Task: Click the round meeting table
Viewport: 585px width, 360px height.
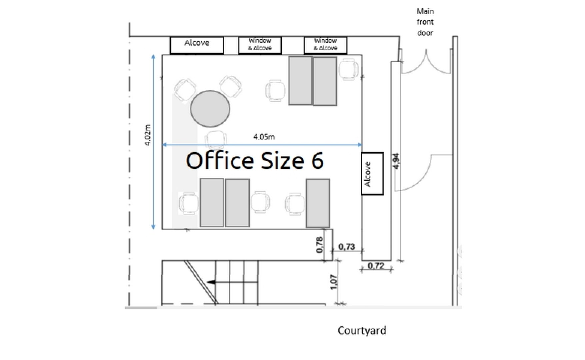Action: coord(210,109)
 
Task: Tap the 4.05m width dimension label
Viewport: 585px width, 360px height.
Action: coord(264,137)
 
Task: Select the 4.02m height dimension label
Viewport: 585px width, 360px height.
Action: coord(148,135)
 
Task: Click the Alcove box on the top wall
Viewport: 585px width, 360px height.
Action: coord(197,45)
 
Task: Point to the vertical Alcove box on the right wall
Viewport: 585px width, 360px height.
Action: coord(372,174)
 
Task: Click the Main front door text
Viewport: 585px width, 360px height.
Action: coord(425,22)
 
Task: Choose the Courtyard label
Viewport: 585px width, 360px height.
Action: coord(362,330)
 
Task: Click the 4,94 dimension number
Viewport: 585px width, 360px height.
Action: coord(396,161)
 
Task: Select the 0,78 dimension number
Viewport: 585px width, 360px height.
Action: coord(319,244)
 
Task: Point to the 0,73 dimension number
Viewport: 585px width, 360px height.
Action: coord(347,247)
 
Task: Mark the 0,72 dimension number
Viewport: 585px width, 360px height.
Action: coord(376,266)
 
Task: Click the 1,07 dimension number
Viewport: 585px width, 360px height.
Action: coord(334,282)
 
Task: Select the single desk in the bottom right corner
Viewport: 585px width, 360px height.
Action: coord(318,203)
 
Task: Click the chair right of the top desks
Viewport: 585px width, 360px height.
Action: coord(349,70)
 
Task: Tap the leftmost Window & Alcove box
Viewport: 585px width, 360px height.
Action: coord(260,45)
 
